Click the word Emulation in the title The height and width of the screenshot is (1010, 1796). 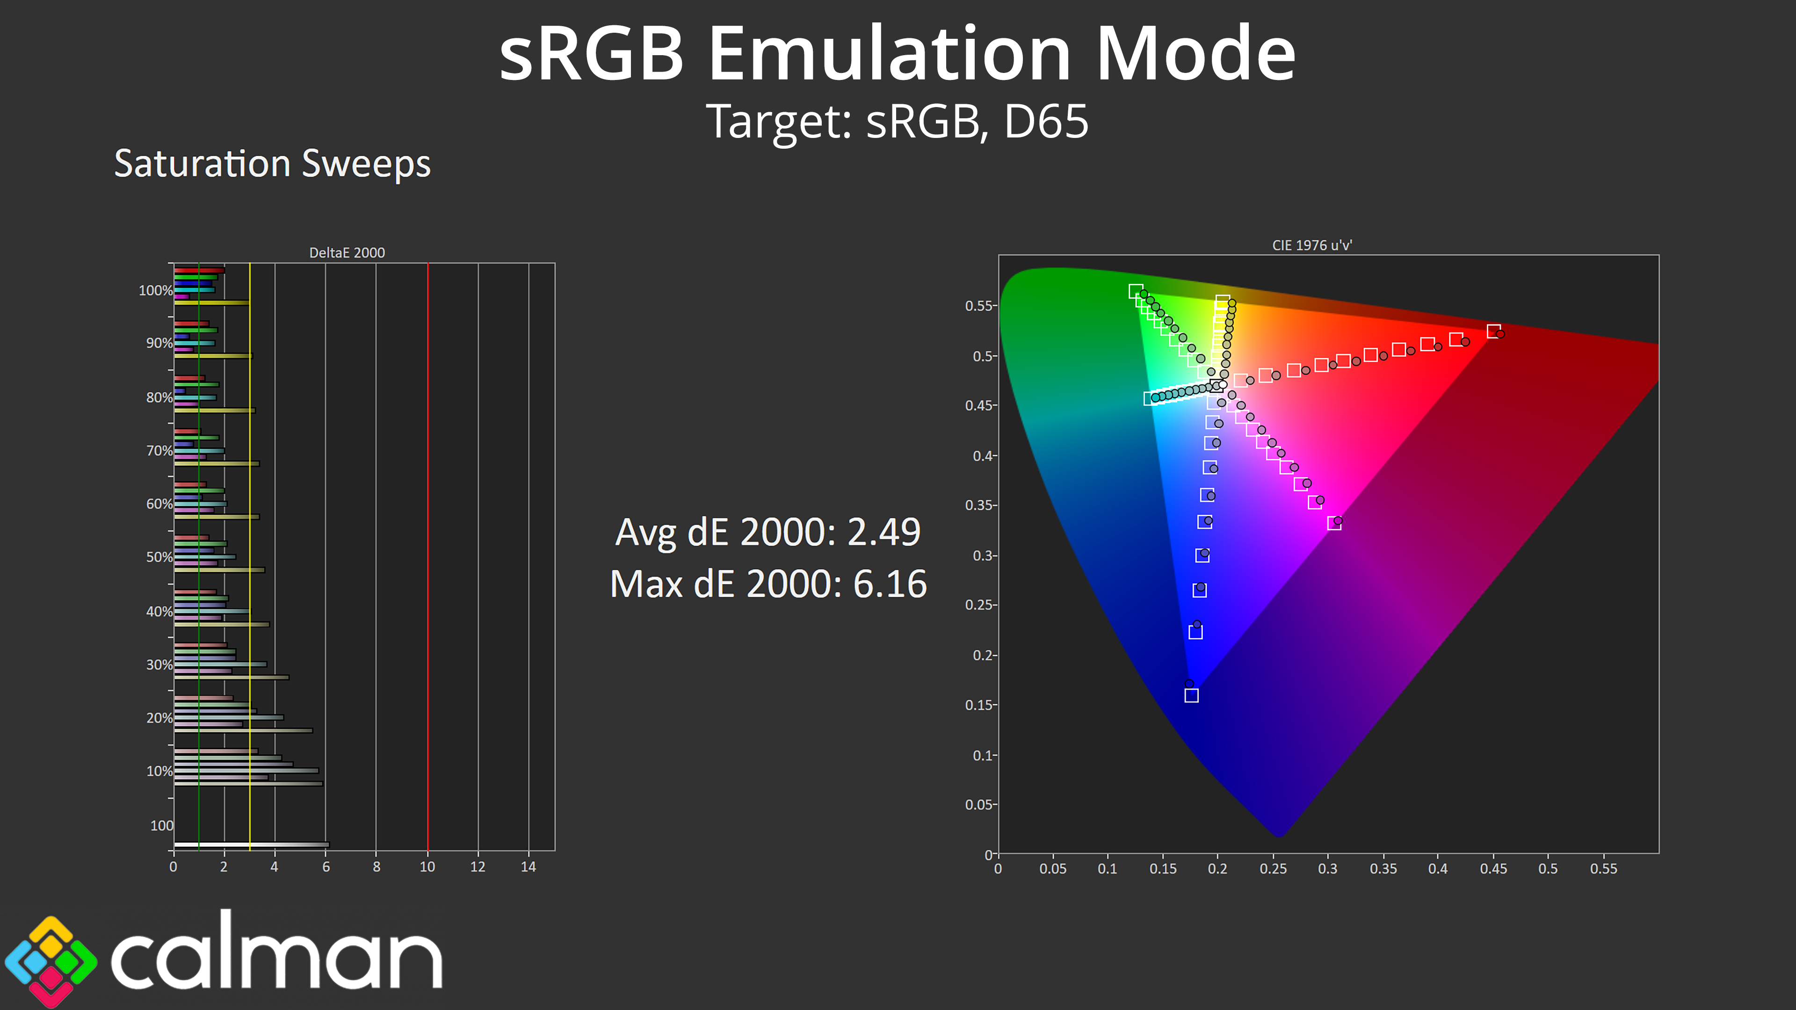click(890, 54)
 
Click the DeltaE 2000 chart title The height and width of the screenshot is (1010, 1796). click(347, 252)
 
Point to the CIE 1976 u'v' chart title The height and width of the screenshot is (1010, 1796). click(1312, 245)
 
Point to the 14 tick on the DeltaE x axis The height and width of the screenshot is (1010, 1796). click(529, 867)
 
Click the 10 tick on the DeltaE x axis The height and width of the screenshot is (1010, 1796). click(427, 867)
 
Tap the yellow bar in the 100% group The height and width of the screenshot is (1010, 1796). click(212, 303)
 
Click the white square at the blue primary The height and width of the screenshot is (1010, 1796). click(1192, 695)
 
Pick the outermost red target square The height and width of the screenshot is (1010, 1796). click(1493, 331)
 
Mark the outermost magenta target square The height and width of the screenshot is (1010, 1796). click(1334, 524)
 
